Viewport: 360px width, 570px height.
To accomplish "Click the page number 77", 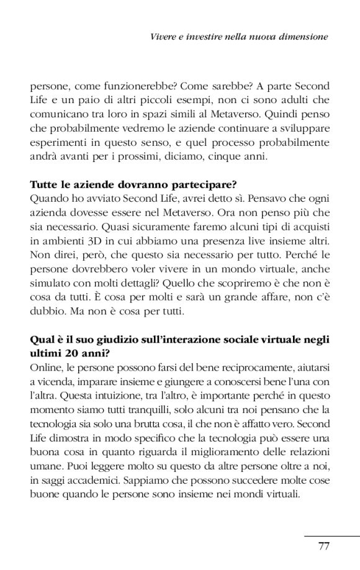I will click(x=323, y=546).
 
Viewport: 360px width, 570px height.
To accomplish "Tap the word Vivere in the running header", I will click(x=164, y=37).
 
